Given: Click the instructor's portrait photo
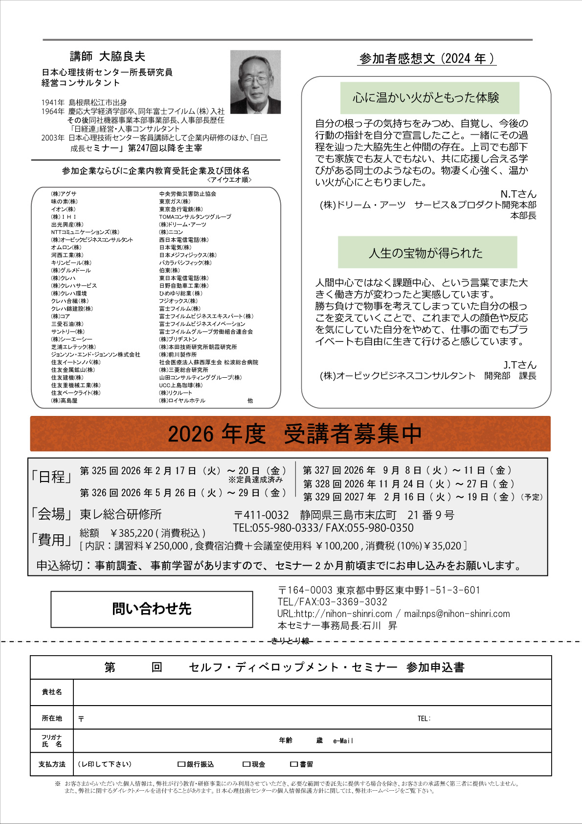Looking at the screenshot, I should click(255, 82).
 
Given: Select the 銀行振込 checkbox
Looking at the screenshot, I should click(181, 764).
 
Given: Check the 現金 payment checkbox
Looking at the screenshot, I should click(246, 764).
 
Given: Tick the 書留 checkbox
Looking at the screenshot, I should click(293, 764).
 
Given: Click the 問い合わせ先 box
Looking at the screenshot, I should click(152, 609).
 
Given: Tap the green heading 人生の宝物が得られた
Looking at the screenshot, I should click(427, 252).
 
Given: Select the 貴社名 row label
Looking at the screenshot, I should click(52, 692).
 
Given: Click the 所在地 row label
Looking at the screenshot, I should click(52, 718).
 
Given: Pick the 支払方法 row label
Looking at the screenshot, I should click(52, 764).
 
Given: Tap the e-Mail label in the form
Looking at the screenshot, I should click(343, 741).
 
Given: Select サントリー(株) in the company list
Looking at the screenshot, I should click(67, 332).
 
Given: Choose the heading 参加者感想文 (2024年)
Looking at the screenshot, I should click(427, 59).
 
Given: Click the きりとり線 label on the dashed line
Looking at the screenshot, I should click(291, 641).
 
